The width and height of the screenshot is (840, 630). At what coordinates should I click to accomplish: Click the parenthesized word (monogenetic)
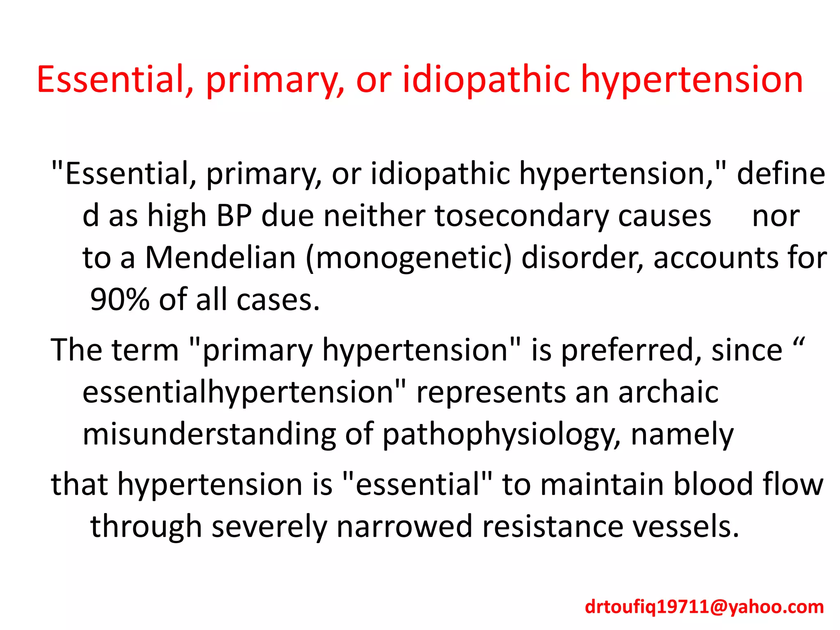(x=409, y=258)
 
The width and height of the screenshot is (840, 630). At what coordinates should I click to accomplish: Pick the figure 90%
(x=120, y=299)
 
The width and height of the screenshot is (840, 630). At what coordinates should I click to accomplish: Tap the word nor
(x=776, y=216)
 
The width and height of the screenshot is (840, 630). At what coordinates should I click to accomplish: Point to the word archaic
(x=668, y=392)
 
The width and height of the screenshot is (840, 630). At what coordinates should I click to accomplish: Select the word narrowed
(x=404, y=526)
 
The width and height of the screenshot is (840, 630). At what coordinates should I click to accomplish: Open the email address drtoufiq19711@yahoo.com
(x=704, y=607)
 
